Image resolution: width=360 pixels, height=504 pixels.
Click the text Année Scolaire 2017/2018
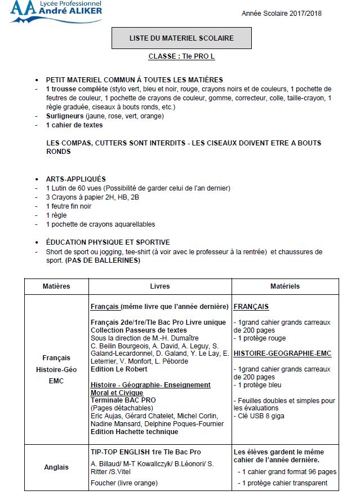[282, 14]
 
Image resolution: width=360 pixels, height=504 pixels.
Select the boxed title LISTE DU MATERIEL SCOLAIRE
[181, 38]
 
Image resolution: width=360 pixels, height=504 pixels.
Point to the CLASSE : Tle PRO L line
[181, 57]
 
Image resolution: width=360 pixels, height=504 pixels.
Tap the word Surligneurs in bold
[65, 116]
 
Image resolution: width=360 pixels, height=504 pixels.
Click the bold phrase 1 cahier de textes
[74, 125]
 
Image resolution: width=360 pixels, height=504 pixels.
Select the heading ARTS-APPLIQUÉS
[75, 179]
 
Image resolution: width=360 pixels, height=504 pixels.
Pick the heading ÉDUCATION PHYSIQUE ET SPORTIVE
[108, 242]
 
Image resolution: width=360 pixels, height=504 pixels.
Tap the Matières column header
[56, 286]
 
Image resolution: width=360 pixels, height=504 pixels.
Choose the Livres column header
[159, 286]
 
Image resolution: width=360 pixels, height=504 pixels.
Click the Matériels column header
[285, 286]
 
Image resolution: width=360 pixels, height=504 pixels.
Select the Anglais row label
[56, 467]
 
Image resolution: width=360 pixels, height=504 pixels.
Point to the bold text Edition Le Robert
[119, 369]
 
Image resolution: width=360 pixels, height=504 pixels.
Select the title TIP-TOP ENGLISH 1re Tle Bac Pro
[145, 452]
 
